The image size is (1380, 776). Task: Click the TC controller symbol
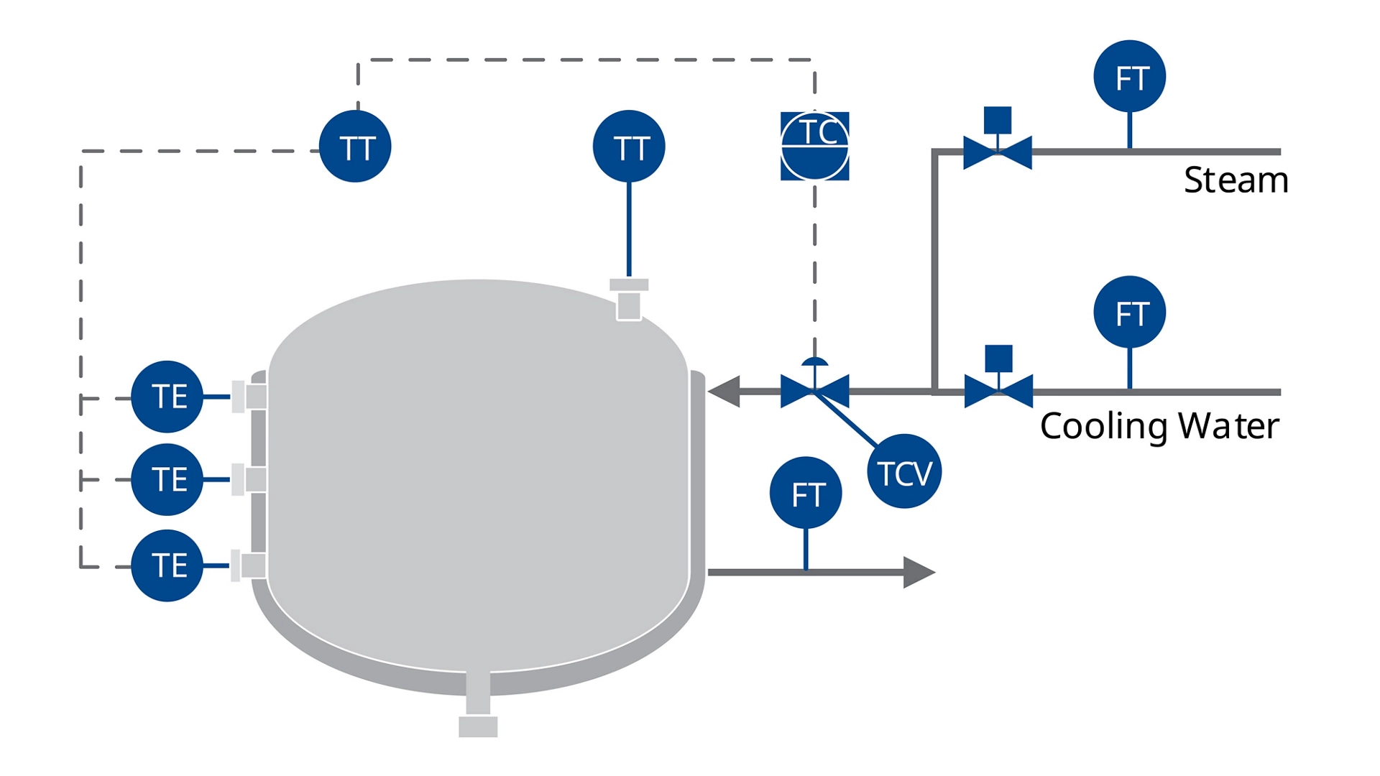click(x=814, y=146)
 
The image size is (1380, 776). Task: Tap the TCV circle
click(x=904, y=471)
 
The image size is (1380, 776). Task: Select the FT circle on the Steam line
click(x=1129, y=76)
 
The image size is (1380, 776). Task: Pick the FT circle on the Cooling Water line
click(x=1129, y=312)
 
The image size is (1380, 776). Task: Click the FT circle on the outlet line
click(x=805, y=493)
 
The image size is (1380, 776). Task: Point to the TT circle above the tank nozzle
click(x=629, y=147)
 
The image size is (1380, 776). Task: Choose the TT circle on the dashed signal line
click(x=355, y=147)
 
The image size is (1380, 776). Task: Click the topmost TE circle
click(x=167, y=397)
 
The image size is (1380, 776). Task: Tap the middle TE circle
click(x=167, y=479)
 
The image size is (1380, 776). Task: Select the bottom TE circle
click(x=167, y=565)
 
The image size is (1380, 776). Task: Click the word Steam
click(x=1236, y=180)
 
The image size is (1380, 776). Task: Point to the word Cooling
click(x=1104, y=427)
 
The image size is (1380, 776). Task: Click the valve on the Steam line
click(x=997, y=152)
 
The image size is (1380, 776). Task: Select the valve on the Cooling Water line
click(x=998, y=391)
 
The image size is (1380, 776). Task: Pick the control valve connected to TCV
click(x=814, y=391)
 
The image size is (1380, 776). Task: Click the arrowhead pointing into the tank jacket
click(x=724, y=392)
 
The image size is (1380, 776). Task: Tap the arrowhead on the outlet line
click(x=918, y=572)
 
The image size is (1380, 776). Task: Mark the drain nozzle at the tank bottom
click(x=478, y=726)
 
